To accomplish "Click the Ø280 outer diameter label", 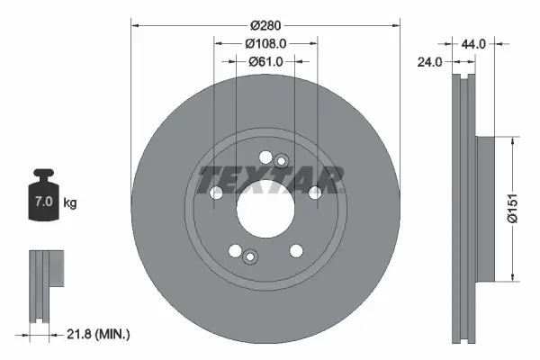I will click(265, 25).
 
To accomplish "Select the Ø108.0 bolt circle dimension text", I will click(265, 43).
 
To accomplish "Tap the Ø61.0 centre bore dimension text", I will click(265, 61).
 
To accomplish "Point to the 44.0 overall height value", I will click(474, 43).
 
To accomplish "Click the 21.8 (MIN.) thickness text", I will click(98, 334).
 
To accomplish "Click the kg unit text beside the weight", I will click(70, 203).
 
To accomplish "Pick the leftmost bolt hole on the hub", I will click(216, 193).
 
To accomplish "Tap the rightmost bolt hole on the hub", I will click(314, 192).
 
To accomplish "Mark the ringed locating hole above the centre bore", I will click(280, 162).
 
